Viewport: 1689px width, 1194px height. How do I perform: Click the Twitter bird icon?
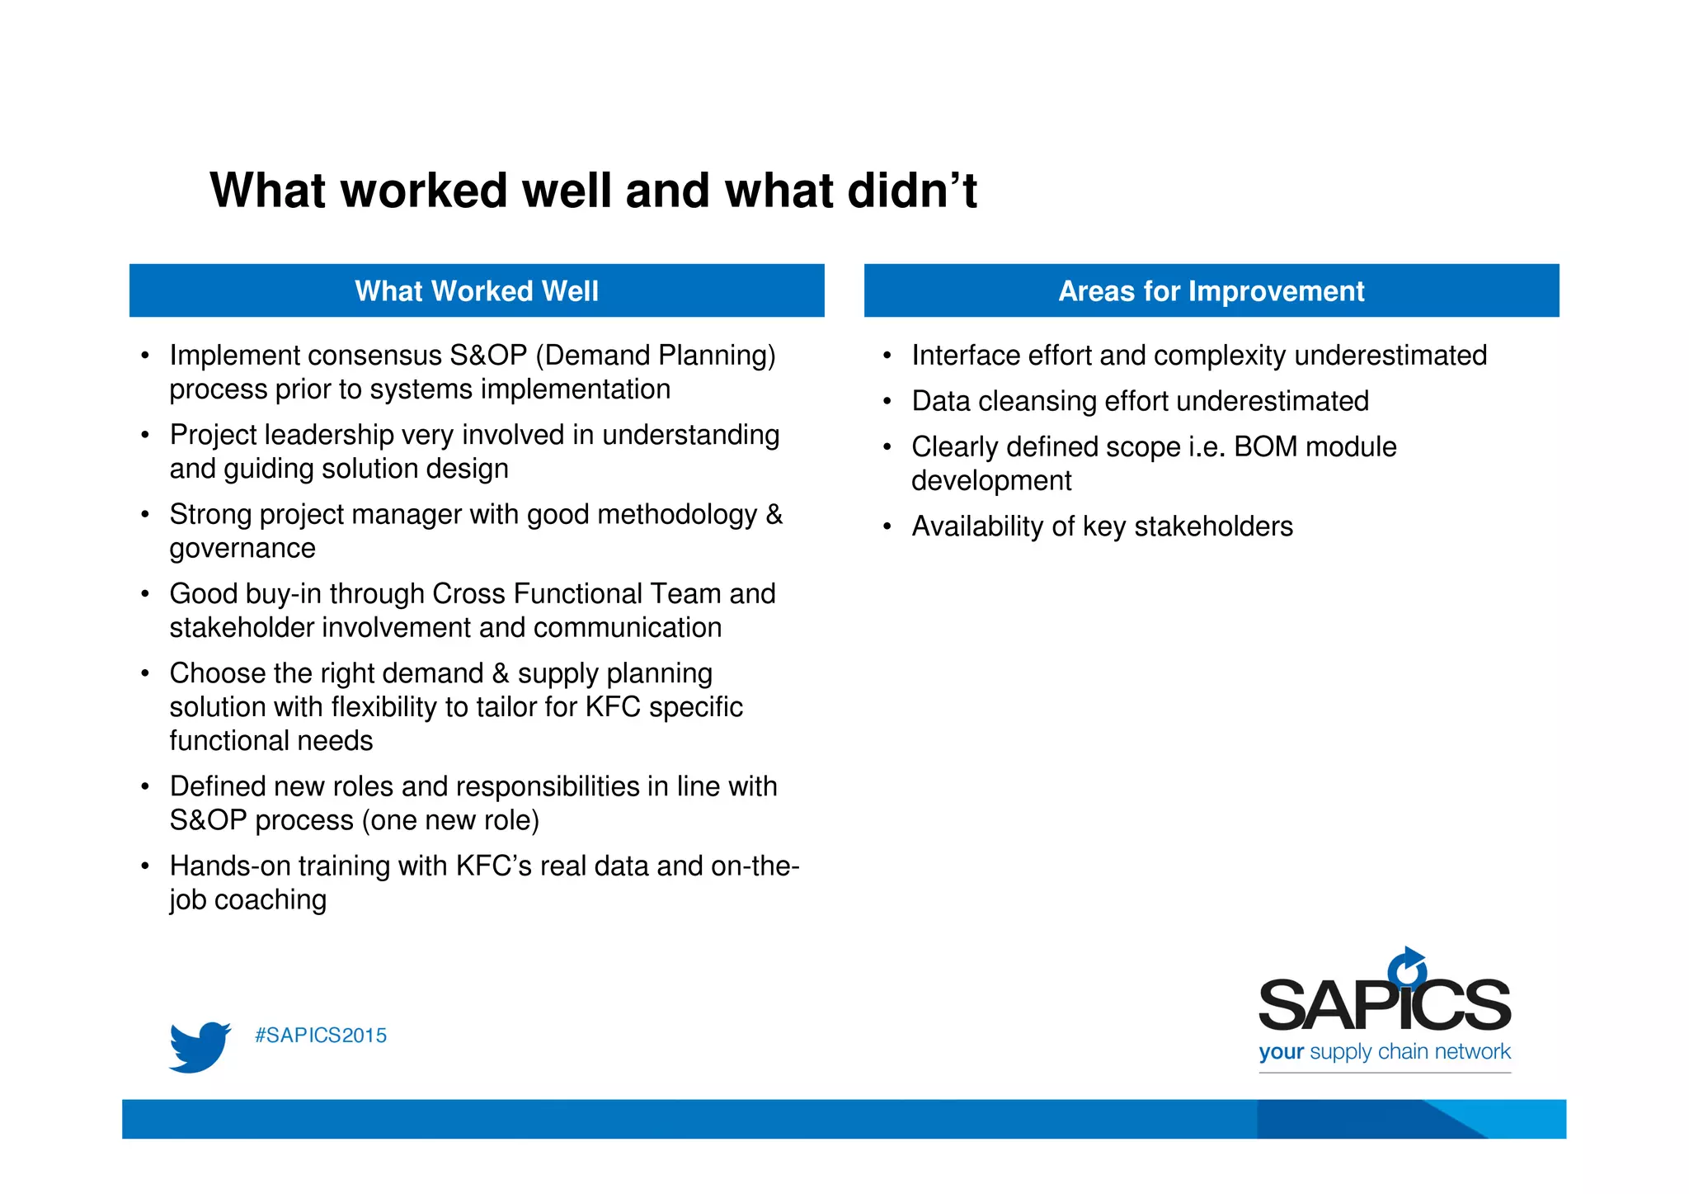coord(200,1046)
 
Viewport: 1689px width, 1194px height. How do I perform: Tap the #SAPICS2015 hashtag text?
coord(321,1036)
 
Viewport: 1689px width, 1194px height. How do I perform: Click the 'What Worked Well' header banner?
coord(477,290)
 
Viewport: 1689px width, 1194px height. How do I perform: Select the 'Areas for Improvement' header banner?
coord(1211,290)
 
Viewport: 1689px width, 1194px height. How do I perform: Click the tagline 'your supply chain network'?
coord(1384,1052)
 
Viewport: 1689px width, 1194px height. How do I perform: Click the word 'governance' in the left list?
coord(242,549)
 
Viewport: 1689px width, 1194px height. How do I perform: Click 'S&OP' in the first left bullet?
coord(488,356)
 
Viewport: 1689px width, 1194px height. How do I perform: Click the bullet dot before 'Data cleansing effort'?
coord(887,402)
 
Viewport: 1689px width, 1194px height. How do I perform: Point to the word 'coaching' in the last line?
coord(271,899)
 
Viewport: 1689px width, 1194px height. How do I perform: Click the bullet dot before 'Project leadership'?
coord(145,436)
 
